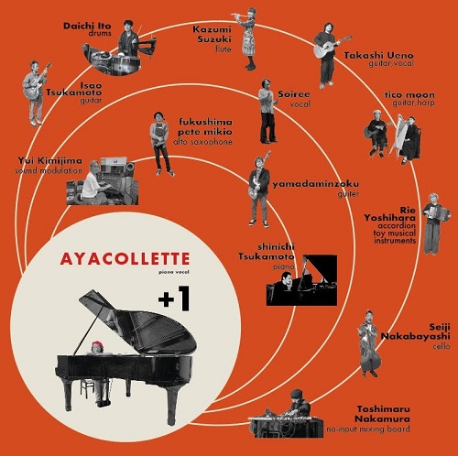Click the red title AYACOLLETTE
tap(125, 259)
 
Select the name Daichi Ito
tap(87, 26)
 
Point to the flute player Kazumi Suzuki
tap(248, 38)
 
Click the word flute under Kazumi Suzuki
tap(224, 49)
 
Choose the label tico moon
tap(409, 94)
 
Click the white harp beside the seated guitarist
tap(400, 136)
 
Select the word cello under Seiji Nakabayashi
tap(442, 346)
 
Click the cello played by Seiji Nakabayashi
tap(370, 353)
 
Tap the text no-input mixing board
tap(368, 429)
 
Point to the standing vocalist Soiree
tap(267, 111)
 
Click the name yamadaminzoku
tap(316, 184)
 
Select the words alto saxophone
tap(202, 142)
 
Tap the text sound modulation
tap(49, 170)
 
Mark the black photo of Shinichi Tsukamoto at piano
tap(301, 280)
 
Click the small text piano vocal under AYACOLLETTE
tap(174, 272)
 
